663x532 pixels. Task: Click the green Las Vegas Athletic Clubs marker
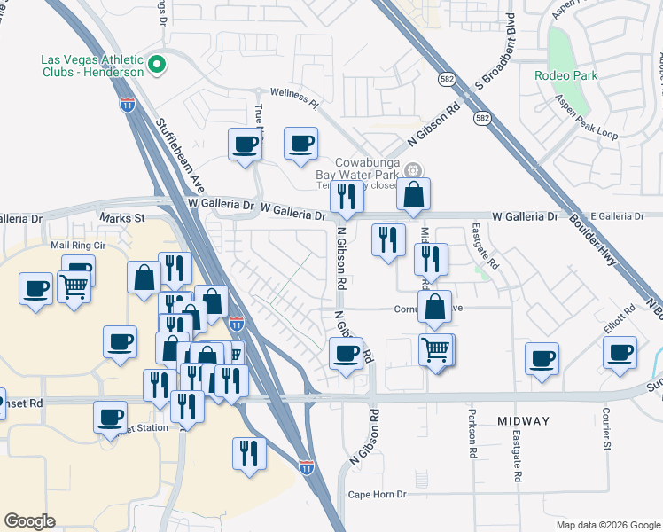point(157,64)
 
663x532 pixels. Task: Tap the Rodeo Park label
point(565,75)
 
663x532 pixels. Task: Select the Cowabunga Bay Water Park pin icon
point(411,170)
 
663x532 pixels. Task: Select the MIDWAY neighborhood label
point(523,421)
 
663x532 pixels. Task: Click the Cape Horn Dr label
point(377,495)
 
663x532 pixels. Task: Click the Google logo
point(29,521)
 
